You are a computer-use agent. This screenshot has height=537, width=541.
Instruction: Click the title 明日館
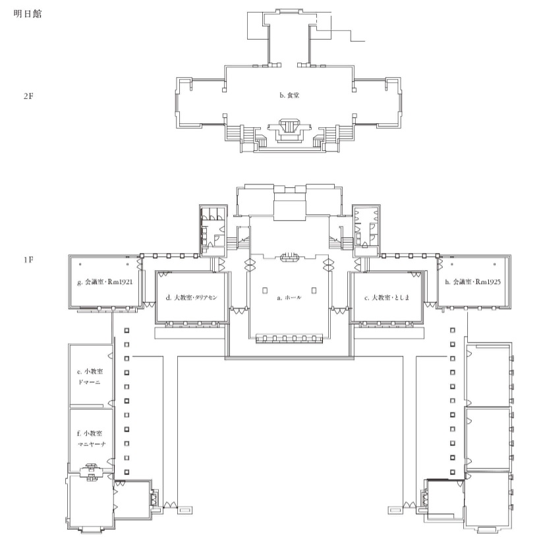pos(28,14)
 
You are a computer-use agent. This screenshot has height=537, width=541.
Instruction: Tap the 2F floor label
pos(28,96)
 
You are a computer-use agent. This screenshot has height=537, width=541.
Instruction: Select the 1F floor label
pos(28,260)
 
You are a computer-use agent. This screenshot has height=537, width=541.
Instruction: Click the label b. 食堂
pos(289,95)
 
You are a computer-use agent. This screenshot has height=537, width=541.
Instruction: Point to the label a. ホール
pos(289,297)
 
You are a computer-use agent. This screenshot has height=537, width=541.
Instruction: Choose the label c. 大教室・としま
pos(387,297)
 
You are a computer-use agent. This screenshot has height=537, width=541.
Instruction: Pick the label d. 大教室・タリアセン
pos(192,297)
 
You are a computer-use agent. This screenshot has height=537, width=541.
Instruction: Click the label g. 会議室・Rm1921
pos(105,282)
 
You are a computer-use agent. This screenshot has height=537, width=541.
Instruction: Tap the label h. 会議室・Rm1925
pos(472,282)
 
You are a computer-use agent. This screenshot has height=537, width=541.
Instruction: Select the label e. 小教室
pos(90,372)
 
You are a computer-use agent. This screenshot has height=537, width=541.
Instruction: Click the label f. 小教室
pos(90,434)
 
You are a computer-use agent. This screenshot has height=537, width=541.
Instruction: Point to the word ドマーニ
pos(90,382)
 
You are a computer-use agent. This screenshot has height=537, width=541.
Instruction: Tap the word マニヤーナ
pos(92,444)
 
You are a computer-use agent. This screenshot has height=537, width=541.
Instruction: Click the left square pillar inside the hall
pos(265,291)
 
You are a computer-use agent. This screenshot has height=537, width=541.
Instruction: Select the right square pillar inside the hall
pos(314,291)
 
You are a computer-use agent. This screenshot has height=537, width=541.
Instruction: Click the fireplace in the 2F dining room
pos(289,129)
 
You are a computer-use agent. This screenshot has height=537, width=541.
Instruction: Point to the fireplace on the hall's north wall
pos(289,257)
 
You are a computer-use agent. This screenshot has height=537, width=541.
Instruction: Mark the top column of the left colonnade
pos(127,330)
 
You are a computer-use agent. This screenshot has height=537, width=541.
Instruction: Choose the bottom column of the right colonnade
pos(452,472)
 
